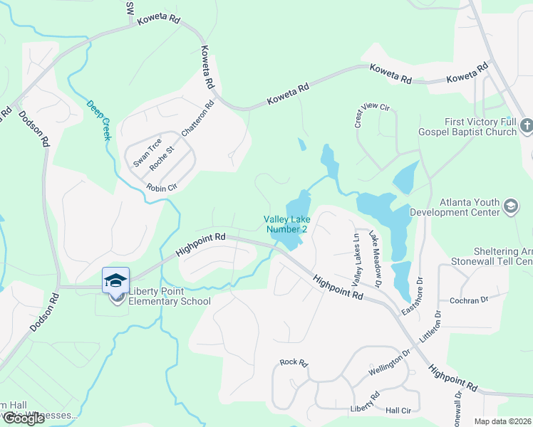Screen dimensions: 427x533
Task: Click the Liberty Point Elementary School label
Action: (x=170, y=296)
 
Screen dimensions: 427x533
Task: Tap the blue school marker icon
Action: (x=115, y=279)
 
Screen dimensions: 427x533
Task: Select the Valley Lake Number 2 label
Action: (x=286, y=224)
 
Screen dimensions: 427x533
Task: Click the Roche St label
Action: (x=167, y=150)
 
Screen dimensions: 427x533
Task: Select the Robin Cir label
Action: (x=160, y=188)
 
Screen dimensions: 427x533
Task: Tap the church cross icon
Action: (x=527, y=127)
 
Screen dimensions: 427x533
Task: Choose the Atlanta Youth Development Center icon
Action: (x=511, y=206)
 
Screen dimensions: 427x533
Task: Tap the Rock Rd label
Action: (x=293, y=363)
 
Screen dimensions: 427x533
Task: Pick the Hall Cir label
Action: (x=398, y=411)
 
